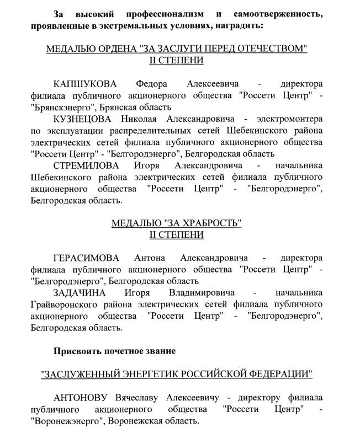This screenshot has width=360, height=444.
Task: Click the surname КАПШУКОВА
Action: tap(86, 83)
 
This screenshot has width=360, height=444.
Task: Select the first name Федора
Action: tap(152, 83)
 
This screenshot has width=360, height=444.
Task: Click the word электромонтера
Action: tap(284, 119)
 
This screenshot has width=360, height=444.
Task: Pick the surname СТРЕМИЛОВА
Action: tap(86, 165)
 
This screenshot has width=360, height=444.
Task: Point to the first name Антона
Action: tap(151, 258)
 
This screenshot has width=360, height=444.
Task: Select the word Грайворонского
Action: tap(64, 304)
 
